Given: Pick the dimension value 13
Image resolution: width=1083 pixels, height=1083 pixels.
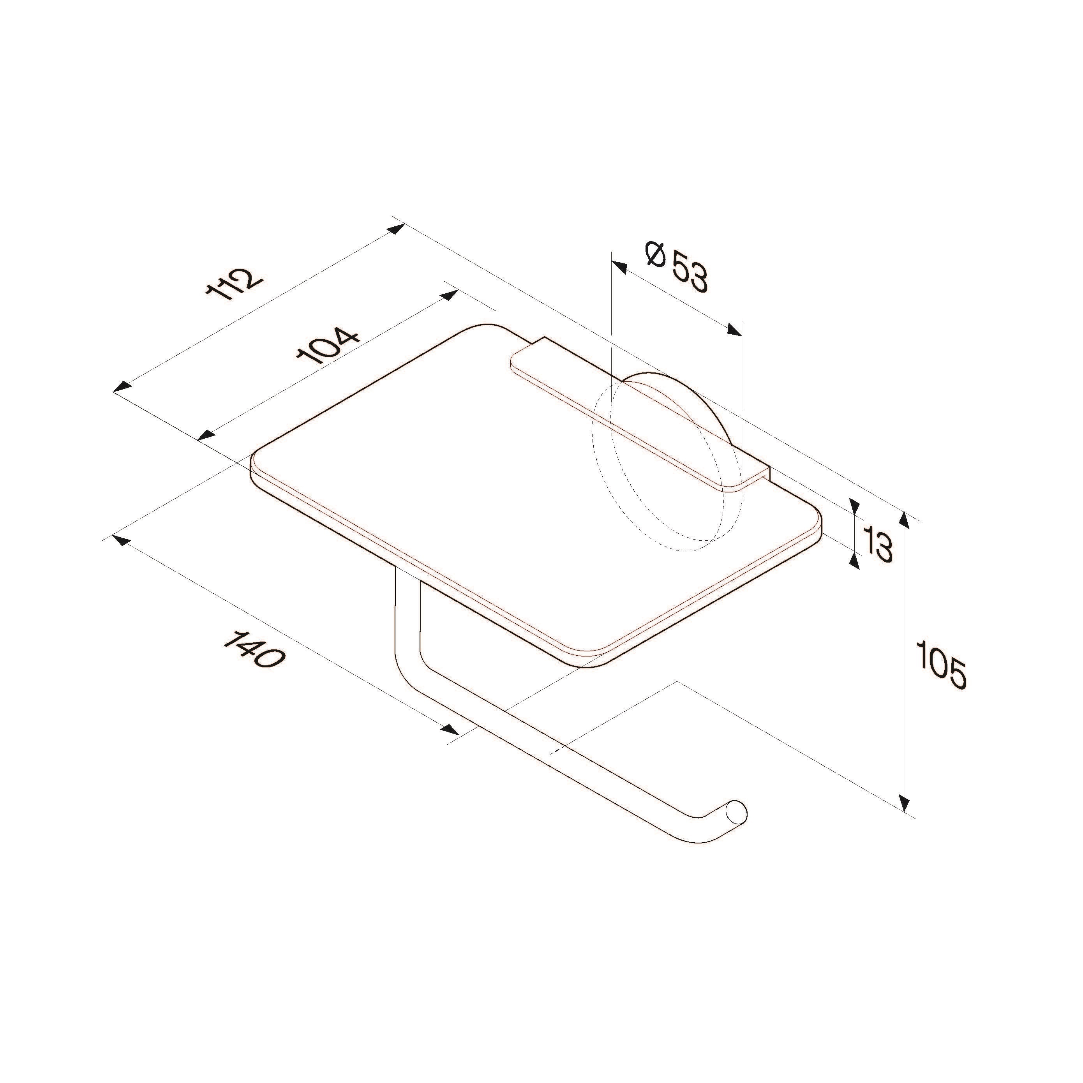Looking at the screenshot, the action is pos(878,544).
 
